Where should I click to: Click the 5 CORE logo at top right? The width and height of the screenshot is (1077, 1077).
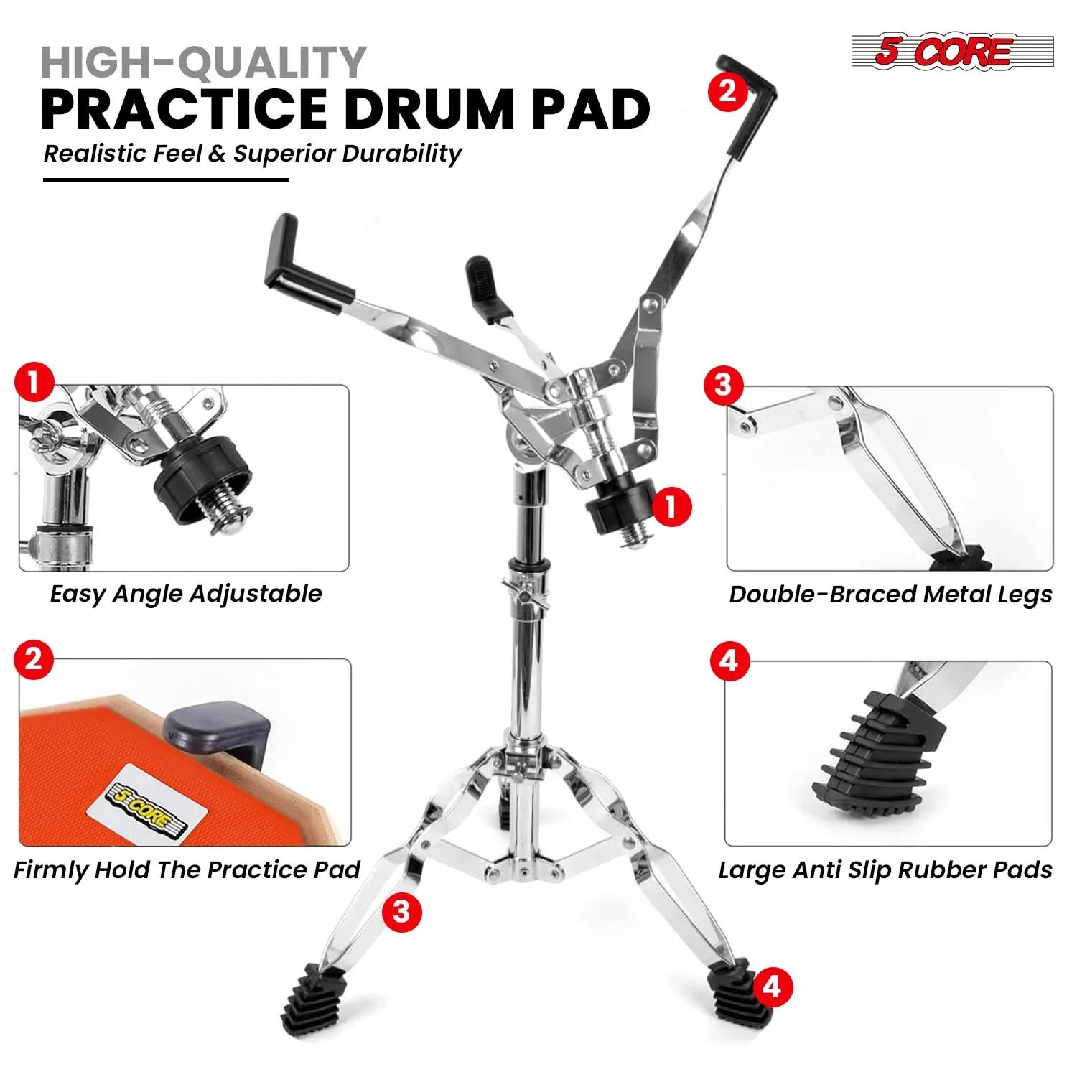(952, 52)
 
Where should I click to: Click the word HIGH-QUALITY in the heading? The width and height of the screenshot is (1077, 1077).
(204, 62)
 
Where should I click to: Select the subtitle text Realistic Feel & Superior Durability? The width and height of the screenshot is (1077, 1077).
(252, 154)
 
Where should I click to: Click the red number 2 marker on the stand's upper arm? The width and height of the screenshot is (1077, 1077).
(727, 91)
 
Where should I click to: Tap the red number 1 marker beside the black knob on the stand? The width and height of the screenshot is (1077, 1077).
(671, 507)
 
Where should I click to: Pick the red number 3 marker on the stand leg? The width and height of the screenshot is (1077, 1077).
(401, 911)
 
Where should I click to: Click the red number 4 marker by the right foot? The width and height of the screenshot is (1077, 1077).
(771, 987)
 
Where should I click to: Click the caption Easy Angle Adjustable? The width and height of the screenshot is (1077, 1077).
(186, 594)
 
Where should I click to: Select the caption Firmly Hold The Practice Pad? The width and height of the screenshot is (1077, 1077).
(187, 869)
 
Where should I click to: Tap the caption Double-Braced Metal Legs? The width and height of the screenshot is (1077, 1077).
(890, 595)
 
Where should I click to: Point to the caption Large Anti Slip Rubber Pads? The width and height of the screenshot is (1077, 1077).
(885, 869)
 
